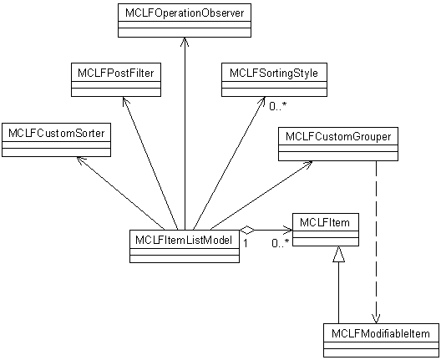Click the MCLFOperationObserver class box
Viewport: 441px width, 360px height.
[185, 20]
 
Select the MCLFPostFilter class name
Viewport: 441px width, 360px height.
[116, 74]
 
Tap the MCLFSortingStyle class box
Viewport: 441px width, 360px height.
[274, 80]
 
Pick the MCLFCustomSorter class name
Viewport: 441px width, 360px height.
[57, 133]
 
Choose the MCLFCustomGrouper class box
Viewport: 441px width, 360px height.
[338, 144]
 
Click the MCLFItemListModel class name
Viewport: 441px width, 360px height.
[184, 241]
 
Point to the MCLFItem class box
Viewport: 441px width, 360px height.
[326, 230]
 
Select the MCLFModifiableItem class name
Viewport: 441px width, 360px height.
[381, 334]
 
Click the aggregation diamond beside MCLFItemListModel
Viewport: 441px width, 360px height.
[247, 231]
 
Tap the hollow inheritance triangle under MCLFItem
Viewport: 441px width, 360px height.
[338, 254]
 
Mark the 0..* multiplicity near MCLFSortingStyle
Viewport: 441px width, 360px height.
[278, 106]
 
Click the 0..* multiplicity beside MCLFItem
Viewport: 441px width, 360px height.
[281, 243]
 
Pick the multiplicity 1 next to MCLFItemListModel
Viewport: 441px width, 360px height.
[246, 243]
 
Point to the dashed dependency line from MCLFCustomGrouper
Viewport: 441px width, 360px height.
[376, 242]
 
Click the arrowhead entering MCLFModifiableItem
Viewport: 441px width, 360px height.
[376, 319]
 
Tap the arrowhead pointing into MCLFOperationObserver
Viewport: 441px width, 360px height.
[185, 43]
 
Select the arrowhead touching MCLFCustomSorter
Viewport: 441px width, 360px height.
[81, 160]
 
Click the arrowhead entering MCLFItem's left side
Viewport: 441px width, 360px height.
[287, 231]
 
